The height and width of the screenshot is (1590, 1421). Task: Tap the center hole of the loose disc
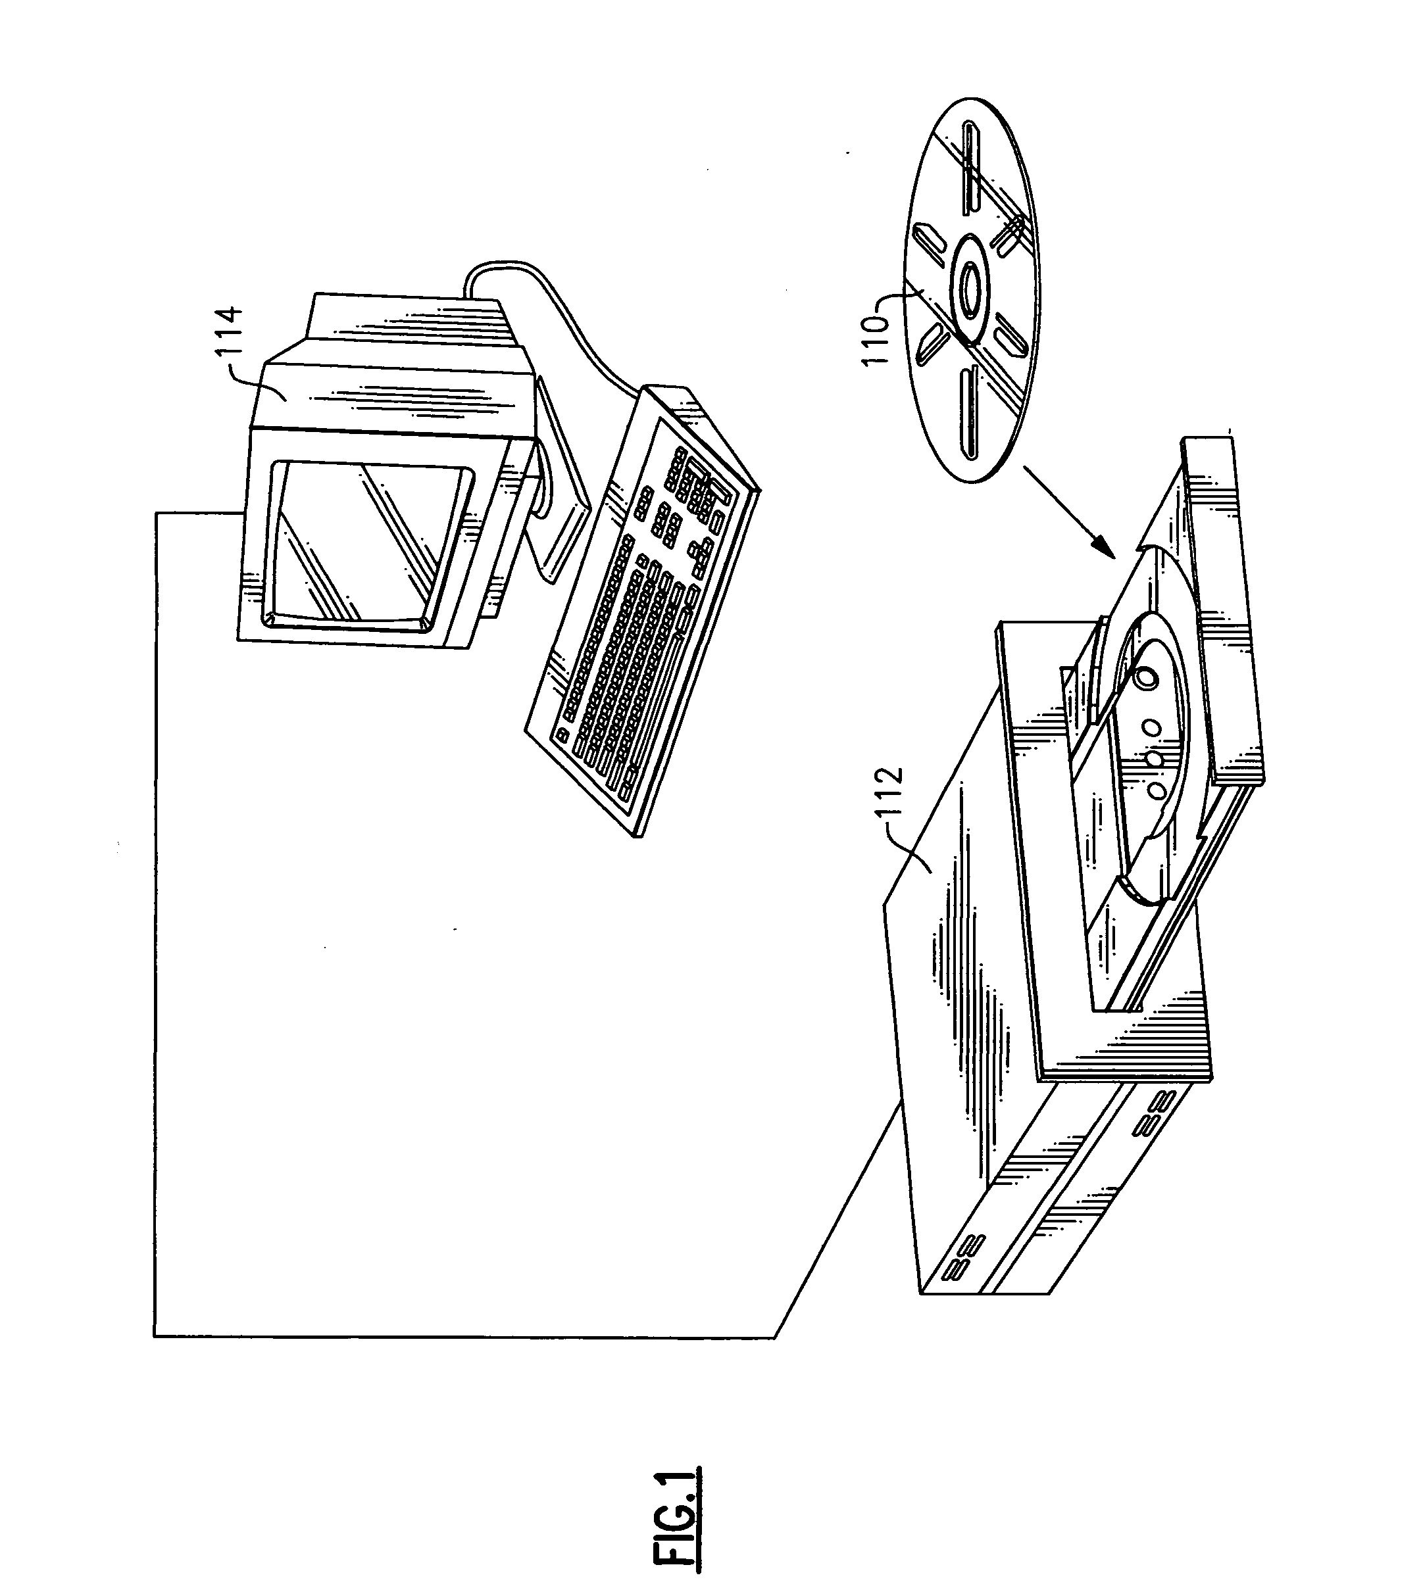click(x=970, y=288)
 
